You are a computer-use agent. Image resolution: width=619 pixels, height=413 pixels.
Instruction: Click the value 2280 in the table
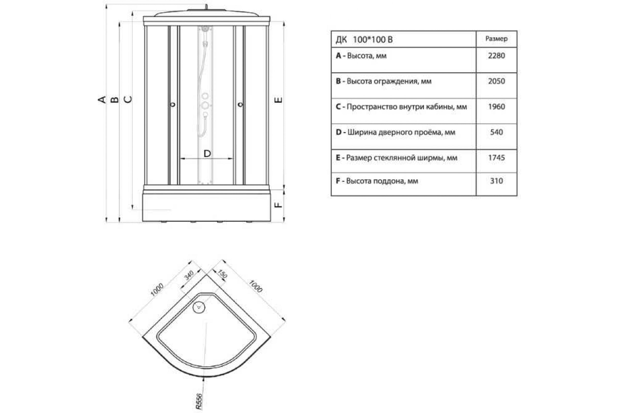pos(496,56)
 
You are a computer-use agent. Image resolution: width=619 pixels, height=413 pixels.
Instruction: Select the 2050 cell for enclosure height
pos(496,81)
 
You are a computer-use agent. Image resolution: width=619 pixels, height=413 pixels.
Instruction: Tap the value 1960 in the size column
pos(496,107)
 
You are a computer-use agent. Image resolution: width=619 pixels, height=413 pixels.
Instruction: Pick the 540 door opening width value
pos(496,132)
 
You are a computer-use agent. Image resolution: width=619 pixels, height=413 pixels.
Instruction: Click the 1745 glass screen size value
pos(496,158)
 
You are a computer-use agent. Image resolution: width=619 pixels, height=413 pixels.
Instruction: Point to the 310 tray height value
pos(496,181)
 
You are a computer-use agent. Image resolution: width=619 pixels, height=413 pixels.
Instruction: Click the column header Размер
pos(496,39)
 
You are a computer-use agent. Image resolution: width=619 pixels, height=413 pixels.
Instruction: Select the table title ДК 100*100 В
pos(364,40)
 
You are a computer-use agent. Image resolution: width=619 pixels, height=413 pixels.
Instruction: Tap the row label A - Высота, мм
pos(361,56)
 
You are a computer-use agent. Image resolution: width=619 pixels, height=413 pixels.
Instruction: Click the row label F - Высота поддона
pos(377,181)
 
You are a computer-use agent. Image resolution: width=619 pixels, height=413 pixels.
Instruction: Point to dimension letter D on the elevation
pos(207,154)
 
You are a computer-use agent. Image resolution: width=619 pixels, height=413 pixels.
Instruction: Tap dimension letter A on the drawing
pos(102,100)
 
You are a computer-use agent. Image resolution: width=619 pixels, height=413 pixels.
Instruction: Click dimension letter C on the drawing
pos(128,99)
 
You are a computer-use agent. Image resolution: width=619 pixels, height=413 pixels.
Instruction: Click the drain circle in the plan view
pos(199,307)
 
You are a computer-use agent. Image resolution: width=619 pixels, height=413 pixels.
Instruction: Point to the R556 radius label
pos(199,401)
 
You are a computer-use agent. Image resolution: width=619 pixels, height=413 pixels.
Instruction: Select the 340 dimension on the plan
pos(189,275)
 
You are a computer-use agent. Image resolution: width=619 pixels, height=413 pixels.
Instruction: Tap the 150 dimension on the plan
pos(222,274)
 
